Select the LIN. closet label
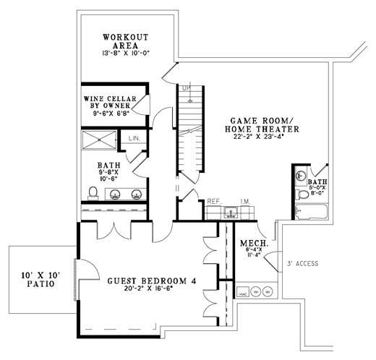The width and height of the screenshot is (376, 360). click(134, 137)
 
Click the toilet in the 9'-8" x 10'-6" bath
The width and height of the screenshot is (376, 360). click(93, 192)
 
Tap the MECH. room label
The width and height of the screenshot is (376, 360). click(255, 245)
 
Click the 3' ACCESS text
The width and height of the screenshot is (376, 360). click(302, 265)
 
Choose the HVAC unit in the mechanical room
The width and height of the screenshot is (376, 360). click(244, 292)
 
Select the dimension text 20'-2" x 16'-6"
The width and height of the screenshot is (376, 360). click(150, 290)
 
